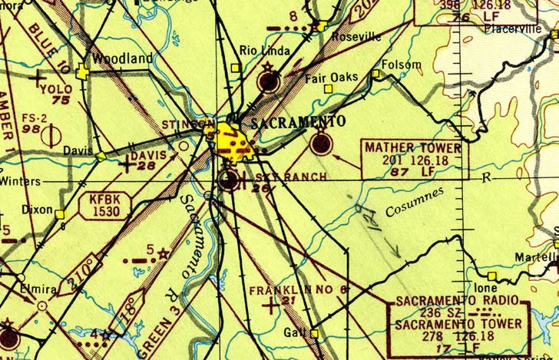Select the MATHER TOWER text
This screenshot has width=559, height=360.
pyautogui.click(x=413, y=147)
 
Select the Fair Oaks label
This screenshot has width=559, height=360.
pyautogui.click(x=328, y=78)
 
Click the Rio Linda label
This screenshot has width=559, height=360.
pyautogui.click(x=265, y=51)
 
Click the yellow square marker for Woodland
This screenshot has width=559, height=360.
pyautogui.click(x=83, y=71)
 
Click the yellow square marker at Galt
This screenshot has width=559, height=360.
pyautogui.click(x=314, y=333)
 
